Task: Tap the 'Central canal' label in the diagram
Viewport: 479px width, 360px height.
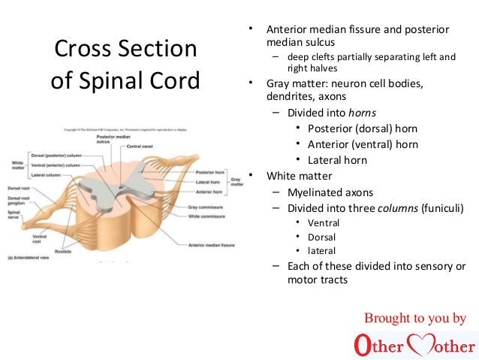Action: click(140, 147)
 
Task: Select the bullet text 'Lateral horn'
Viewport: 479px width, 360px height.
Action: click(338, 159)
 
